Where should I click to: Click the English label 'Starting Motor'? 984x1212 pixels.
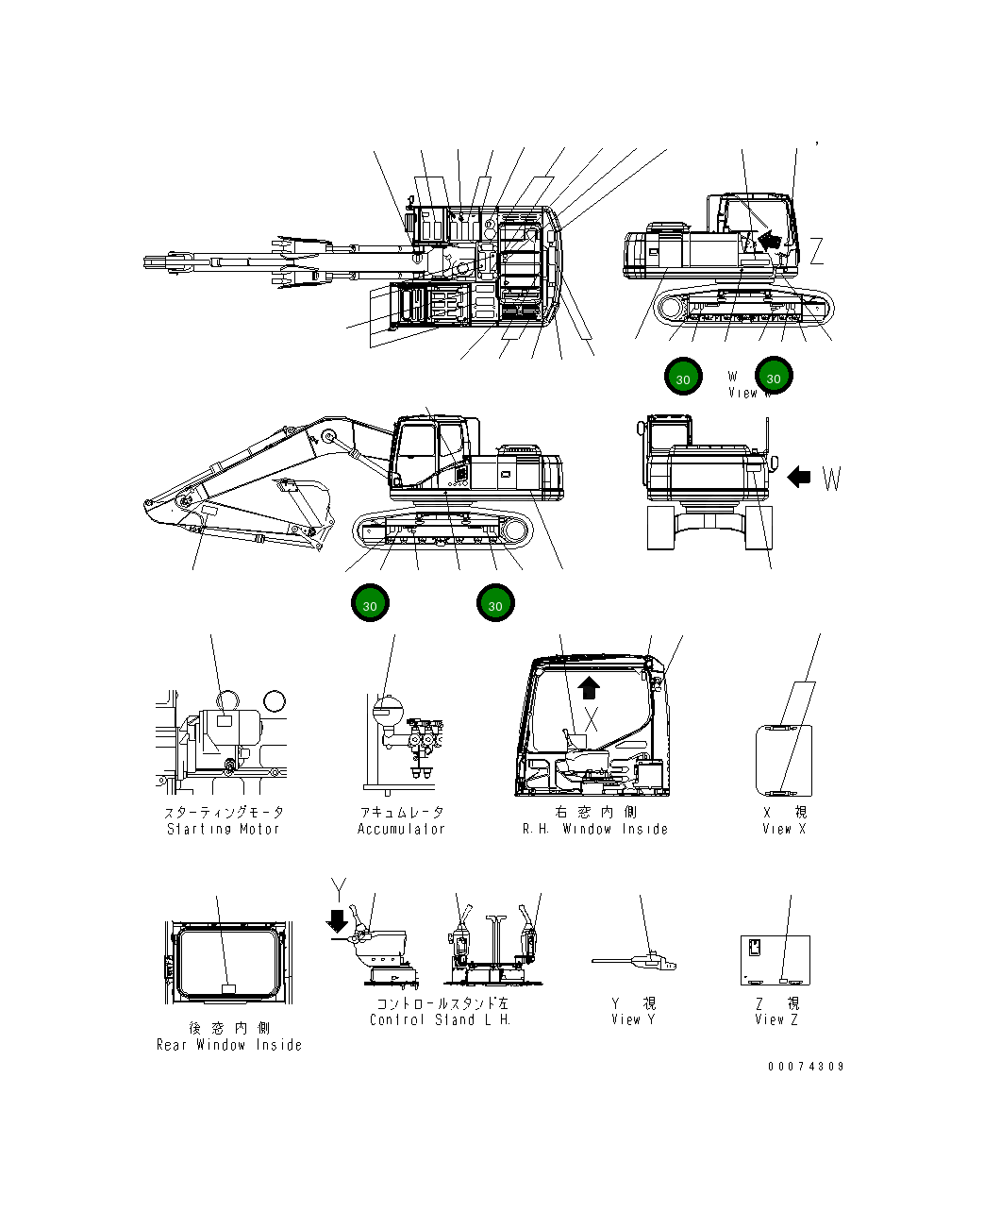(224, 829)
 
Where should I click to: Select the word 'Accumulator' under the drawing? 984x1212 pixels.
(401, 829)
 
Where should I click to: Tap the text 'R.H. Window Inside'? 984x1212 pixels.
(595, 829)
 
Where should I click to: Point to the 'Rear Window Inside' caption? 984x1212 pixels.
(229, 1045)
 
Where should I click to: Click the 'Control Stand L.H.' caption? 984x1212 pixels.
(440, 1019)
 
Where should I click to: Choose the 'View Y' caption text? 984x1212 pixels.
(633, 1019)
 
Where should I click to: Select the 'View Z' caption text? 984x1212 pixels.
(776, 1019)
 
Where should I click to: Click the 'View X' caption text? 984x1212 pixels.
(784, 829)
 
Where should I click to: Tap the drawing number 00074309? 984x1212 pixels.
(806, 1067)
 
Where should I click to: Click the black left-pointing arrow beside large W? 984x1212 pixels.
(798, 478)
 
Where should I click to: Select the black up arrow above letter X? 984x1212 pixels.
(589, 686)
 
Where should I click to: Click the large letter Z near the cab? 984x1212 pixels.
(816, 251)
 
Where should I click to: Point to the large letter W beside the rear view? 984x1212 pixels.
(831, 480)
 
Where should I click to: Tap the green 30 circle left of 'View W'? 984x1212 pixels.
(682, 378)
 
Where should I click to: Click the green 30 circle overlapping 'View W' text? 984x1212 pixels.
(774, 377)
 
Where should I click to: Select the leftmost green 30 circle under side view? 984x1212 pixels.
(370, 604)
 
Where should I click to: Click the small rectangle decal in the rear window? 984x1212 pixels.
(227, 987)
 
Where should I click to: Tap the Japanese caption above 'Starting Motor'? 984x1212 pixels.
(224, 812)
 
